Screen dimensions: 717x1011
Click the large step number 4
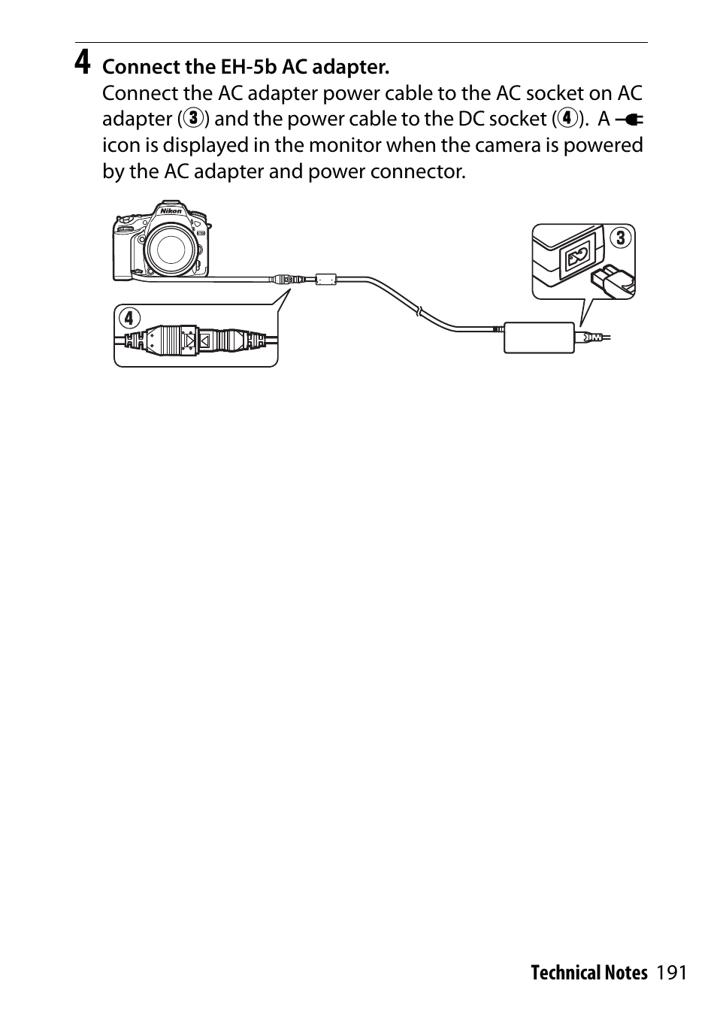tap(83, 63)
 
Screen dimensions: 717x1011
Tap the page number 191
tap(671, 973)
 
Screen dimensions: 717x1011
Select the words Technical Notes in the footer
tap(588, 973)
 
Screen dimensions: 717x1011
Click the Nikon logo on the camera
tap(171, 211)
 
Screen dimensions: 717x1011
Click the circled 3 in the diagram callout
tap(620, 239)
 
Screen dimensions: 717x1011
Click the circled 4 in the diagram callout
tap(129, 318)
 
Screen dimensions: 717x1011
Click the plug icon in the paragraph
tap(629, 120)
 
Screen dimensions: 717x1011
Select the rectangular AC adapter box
tap(538, 336)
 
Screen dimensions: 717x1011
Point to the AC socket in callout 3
tap(578, 258)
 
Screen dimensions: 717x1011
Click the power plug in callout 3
tap(613, 280)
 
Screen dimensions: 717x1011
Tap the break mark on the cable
tap(421, 310)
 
